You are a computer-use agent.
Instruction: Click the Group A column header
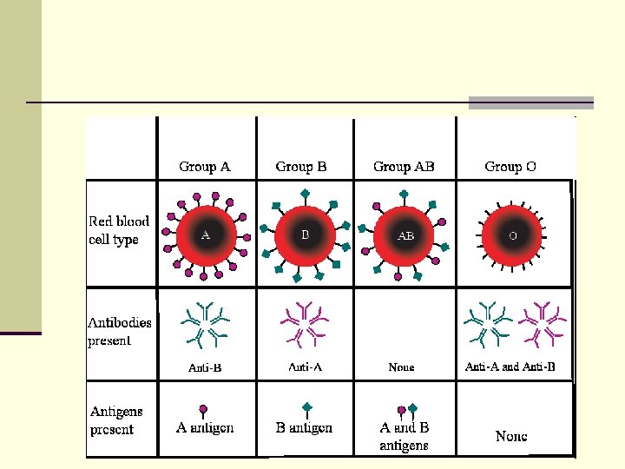click(x=205, y=166)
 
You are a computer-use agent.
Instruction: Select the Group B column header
click(x=301, y=166)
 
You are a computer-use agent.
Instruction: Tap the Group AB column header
click(x=404, y=166)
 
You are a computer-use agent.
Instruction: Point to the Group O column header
click(x=504, y=166)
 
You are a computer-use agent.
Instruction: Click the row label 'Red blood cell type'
click(x=119, y=230)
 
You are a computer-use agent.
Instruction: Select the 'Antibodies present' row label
click(x=120, y=331)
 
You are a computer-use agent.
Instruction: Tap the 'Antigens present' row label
click(x=116, y=419)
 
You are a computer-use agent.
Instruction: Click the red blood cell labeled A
click(x=206, y=234)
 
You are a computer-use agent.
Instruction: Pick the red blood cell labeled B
click(x=305, y=235)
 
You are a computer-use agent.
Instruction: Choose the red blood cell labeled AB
click(x=405, y=235)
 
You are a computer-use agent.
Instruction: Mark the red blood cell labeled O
click(x=512, y=235)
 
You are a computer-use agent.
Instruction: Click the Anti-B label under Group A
click(x=205, y=367)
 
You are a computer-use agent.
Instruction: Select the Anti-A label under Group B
click(x=305, y=367)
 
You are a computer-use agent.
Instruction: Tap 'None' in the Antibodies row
click(x=401, y=367)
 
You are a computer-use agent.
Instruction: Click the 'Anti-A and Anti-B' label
click(x=510, y=367)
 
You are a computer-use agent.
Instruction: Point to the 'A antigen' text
click(x=205, y=427)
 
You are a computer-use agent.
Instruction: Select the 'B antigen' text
click(x=304, y=427)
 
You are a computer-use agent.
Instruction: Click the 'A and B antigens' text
click(x=405, y=436)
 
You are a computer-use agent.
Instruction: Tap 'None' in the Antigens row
click(x=511, y=436)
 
